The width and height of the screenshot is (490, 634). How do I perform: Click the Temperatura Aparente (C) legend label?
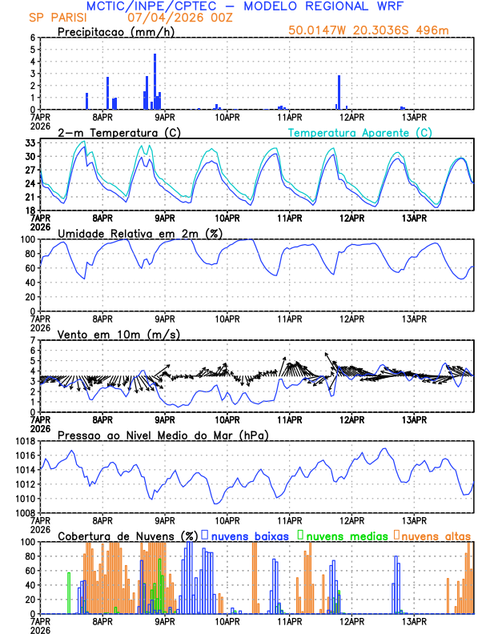tap(359, 132)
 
